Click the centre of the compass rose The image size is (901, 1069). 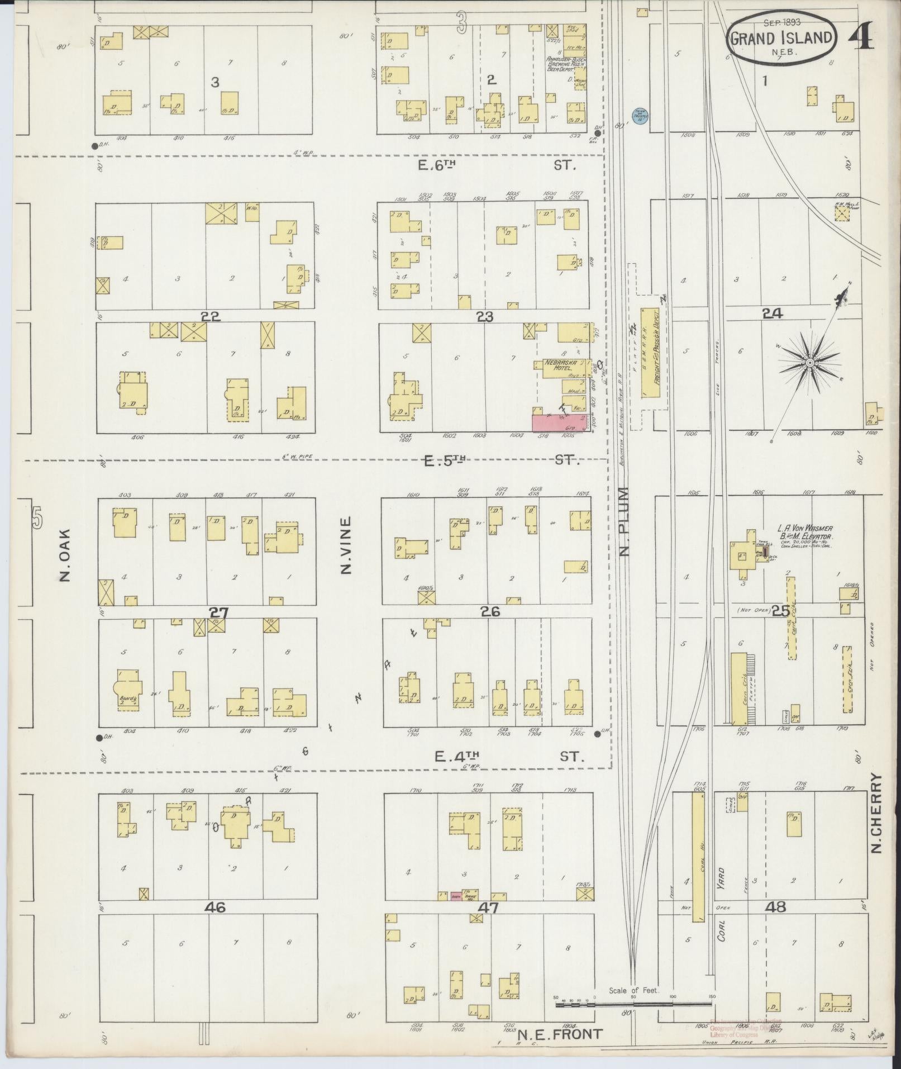tap(809, 363)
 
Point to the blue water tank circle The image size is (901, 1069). tap(638, 115)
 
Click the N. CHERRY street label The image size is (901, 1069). tap(876, 821)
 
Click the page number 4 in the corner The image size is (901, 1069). tap(861, 37)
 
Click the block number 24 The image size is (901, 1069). tap(773, 315)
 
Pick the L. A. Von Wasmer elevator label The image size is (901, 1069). tap(805, 531)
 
